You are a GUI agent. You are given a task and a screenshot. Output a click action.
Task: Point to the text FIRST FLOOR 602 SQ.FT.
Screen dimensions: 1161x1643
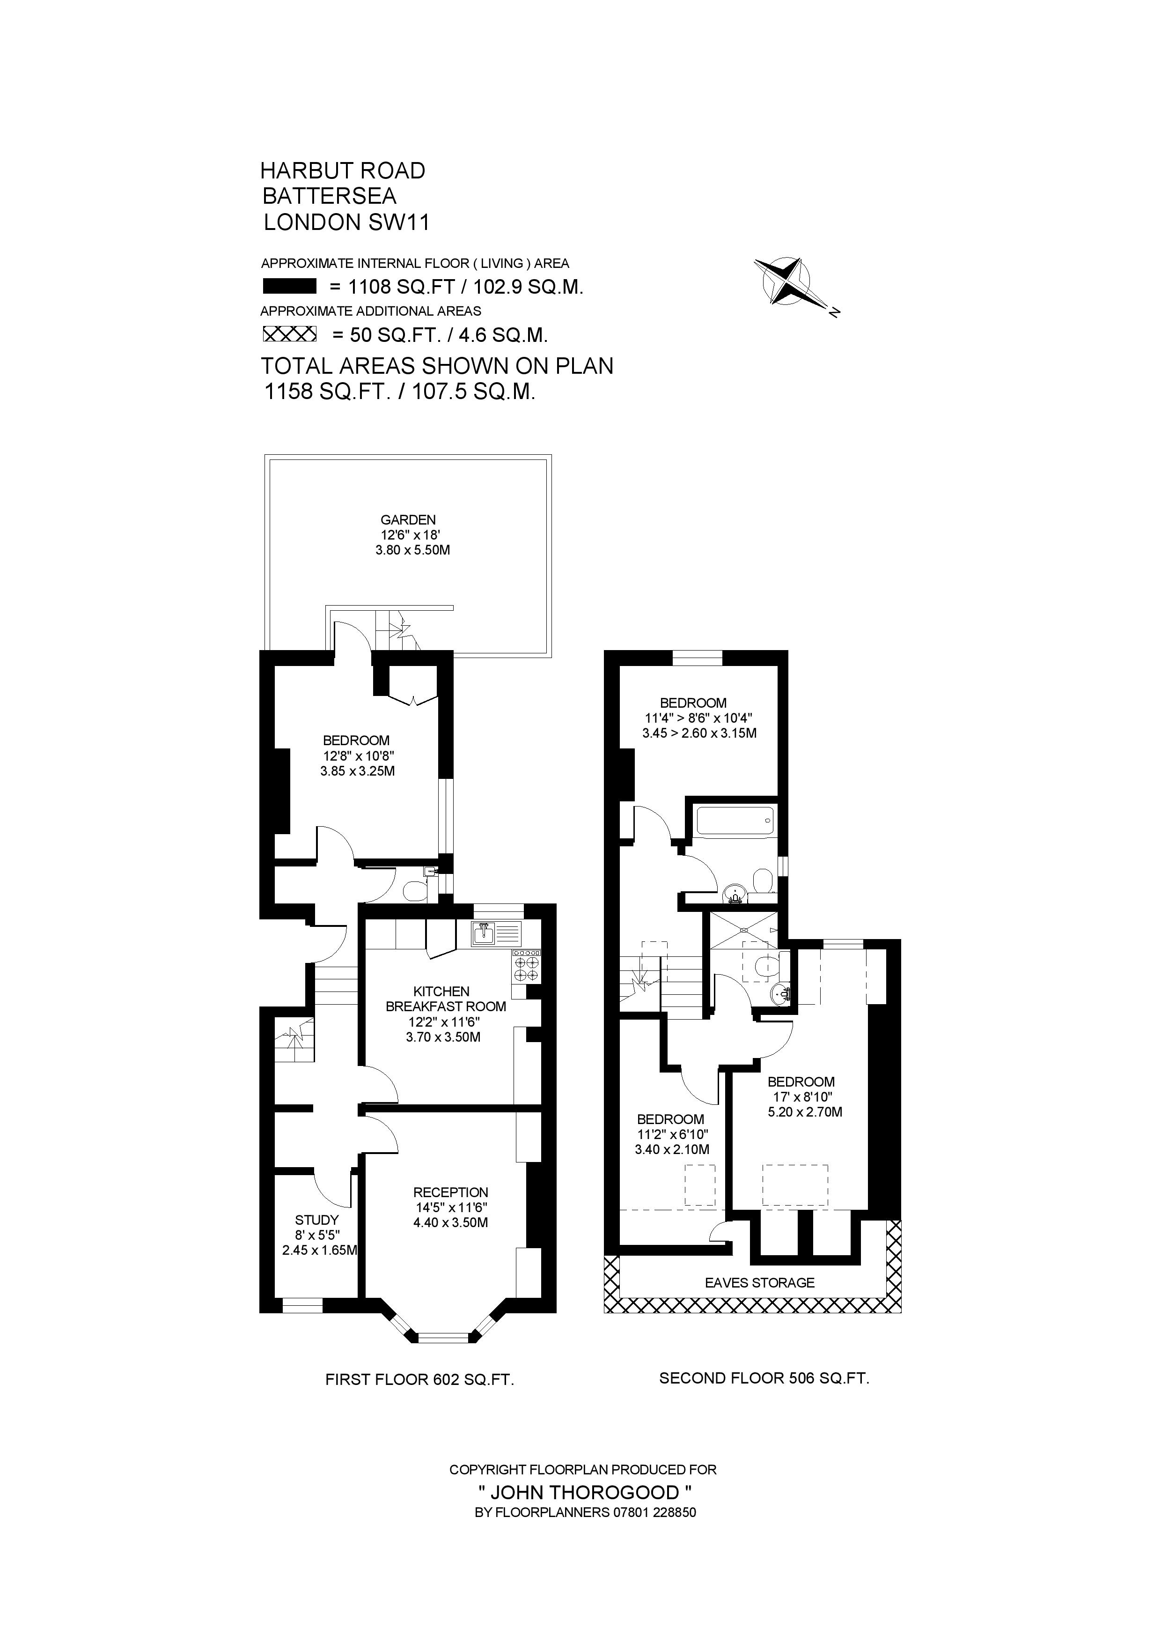[420, 1400]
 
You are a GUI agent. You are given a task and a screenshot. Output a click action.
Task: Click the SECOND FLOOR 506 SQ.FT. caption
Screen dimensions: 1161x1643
[764, 1398]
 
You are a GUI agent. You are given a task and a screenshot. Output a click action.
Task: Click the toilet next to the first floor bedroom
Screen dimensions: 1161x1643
[413, 890]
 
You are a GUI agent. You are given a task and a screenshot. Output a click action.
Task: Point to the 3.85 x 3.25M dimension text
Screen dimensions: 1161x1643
[358, 771]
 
